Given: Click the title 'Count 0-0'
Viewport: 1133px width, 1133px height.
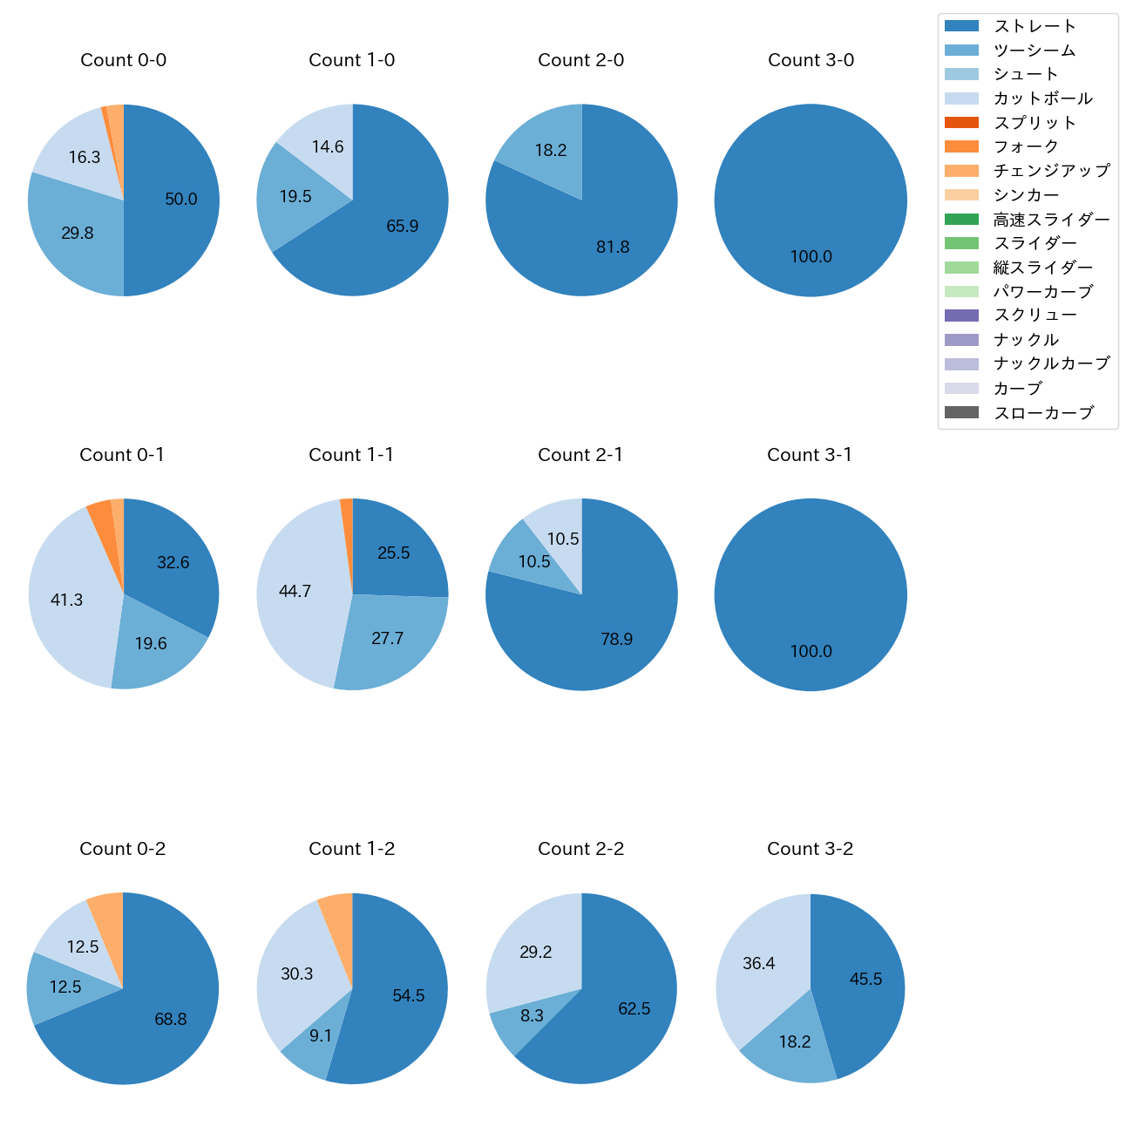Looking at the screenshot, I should click(x=124, y=60).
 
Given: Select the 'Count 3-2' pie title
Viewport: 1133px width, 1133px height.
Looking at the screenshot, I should click(x=810, y=849).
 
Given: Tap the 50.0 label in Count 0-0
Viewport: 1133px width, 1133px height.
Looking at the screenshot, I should click(x=181, y=200).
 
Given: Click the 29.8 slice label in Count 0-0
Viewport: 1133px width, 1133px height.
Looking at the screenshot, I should click(x=78, y=234).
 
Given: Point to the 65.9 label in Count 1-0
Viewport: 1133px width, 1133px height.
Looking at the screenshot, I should click(x=403, y=227).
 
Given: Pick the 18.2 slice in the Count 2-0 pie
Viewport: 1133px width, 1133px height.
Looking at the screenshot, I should click(x=551, y=151).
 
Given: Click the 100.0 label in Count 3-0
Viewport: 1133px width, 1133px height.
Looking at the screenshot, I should click(x=811, y=257).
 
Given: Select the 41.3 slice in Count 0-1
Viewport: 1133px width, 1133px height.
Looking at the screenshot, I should click(x=67, y=600).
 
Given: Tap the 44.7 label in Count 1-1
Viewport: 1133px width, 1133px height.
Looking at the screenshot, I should click(x=295, y=592).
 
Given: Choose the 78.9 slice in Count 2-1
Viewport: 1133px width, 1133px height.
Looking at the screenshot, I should click(x=616, y=640).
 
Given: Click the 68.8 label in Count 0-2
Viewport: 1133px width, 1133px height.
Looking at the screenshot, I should click(x=171, y=1020).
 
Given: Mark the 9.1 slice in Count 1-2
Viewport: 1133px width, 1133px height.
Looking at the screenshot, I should click(x=320, y=1036).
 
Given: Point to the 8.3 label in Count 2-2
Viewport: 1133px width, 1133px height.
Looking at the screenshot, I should click(x=532, y=1016).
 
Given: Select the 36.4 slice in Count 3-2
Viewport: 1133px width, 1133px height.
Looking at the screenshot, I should click(x=758, y=964).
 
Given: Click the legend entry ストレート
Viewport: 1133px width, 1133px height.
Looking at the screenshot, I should click(x=1035, y=26).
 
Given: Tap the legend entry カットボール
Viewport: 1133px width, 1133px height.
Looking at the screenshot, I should click(x=1042, y=98).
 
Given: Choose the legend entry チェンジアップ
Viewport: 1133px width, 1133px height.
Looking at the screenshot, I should click(x=1051, y=171).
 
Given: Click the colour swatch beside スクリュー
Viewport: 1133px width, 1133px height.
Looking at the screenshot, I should click(x=961, y=315).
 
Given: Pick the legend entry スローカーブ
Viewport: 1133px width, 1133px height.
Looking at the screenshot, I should click(x=1043, y=413).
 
